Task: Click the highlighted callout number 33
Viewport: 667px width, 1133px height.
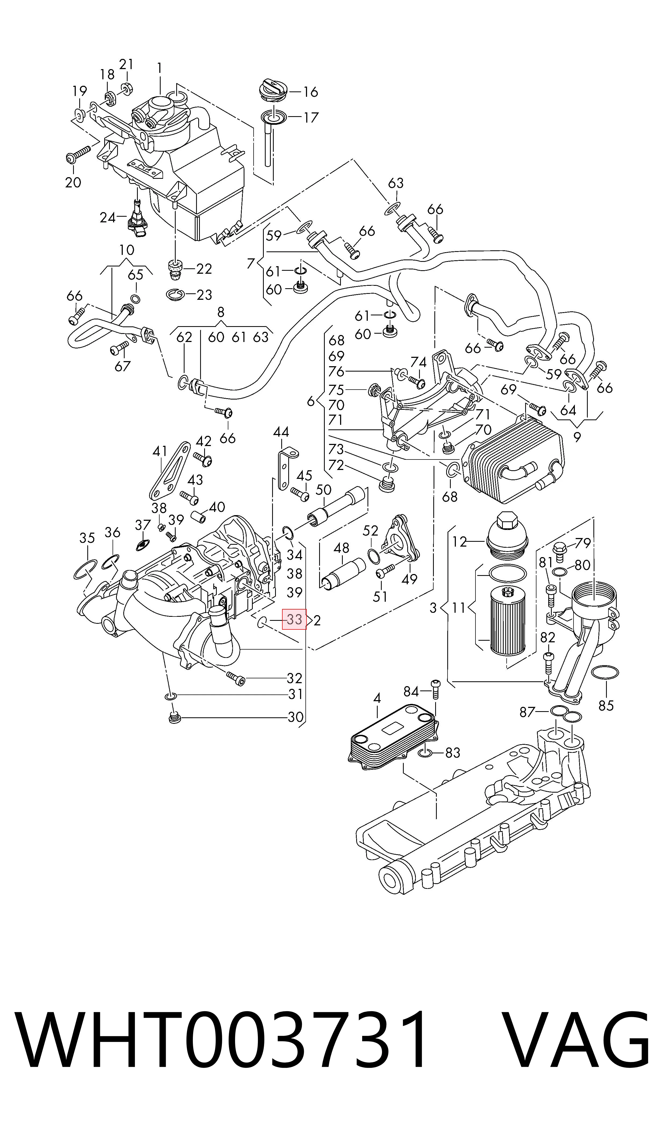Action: click(x=294, y=620)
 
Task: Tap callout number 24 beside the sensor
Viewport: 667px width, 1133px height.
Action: click(x=108, y=218)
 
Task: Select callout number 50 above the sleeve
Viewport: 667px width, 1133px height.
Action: click(x=324, y=490)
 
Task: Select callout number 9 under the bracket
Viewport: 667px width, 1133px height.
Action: click(x=577, y=436)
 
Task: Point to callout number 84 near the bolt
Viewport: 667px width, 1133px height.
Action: click(x=411, y=691)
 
